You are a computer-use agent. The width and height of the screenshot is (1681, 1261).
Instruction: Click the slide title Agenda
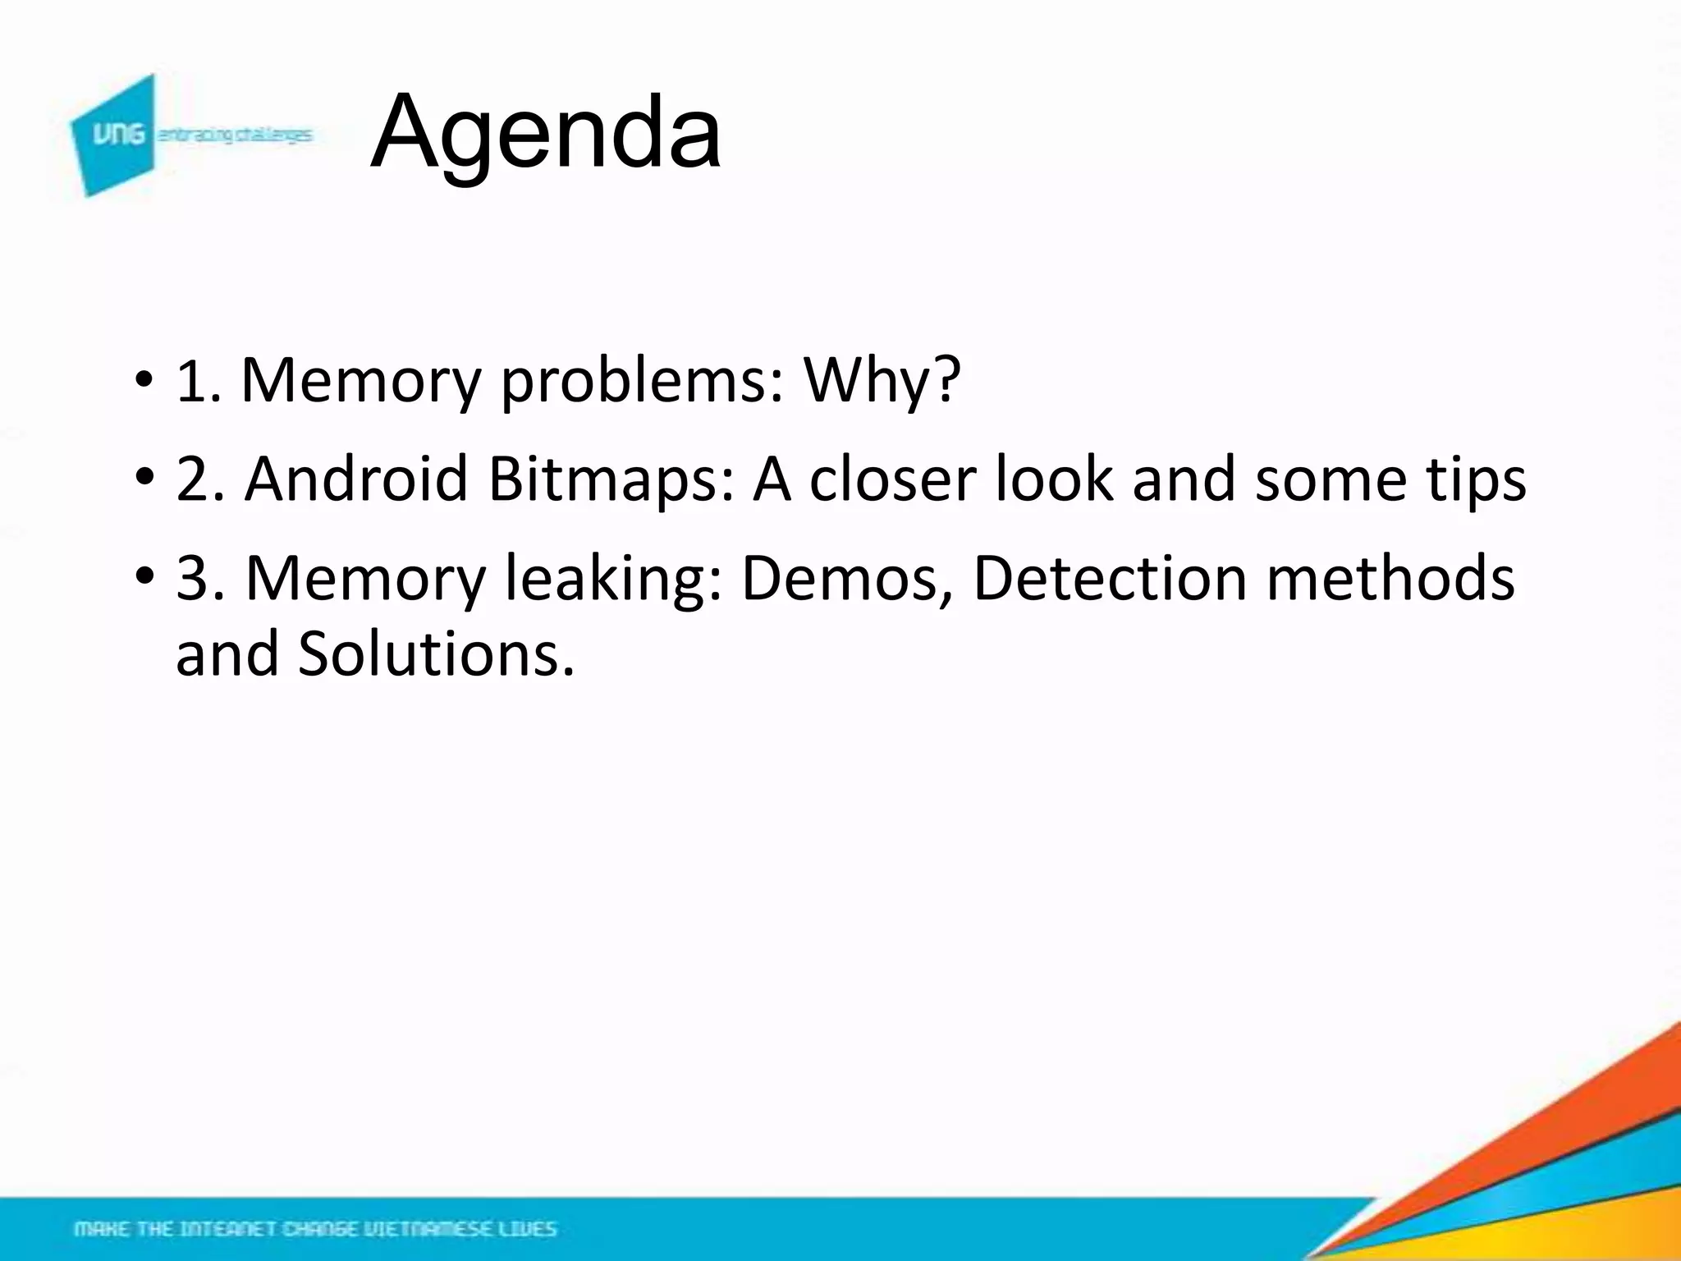546,133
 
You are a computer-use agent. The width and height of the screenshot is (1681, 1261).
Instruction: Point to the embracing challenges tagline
235,135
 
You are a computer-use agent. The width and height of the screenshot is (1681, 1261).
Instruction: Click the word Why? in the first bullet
882,381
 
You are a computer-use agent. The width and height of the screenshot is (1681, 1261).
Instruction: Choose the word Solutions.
436,655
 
